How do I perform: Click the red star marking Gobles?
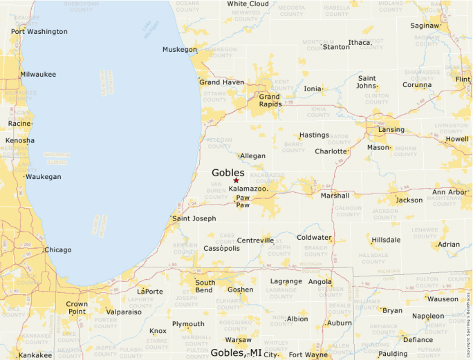pyautogui.click(x=236, y=180)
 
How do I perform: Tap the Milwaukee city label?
pyautogui.click(x=38, y=74)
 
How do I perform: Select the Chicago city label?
pyautogui.click(x=57, y=250)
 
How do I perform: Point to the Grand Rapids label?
pyautogui.click(x=269, y=101)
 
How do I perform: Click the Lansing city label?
pyautogui.click(x=391, y=129)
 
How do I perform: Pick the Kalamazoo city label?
pyautogui.click(x=248, y=189)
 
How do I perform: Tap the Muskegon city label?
pyautogui.click(x=180, y=49)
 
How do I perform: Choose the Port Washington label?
pyautogui.click(x=39, y=31)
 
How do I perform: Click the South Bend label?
pyautogui.click(x=205, y=287)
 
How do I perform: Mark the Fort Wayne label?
pyautogui.click(x=309, y=355)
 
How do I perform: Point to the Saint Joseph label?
pyautogui.click(x=194, y=218)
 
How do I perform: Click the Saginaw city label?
pyautogui.click(x=425, y=26)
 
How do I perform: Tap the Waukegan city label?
pyautogui.click(x=44, y=177)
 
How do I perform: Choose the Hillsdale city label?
pyautogui.click(x=386, y=240)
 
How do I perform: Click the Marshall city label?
pyautogui.click(x=335, y=196)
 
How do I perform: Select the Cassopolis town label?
pyautogui.click(x=221, y=248)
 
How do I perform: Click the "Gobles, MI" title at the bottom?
pyautogui.click(x=236, y=352)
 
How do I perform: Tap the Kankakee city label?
pyautogui.click(x=35, y=355)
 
